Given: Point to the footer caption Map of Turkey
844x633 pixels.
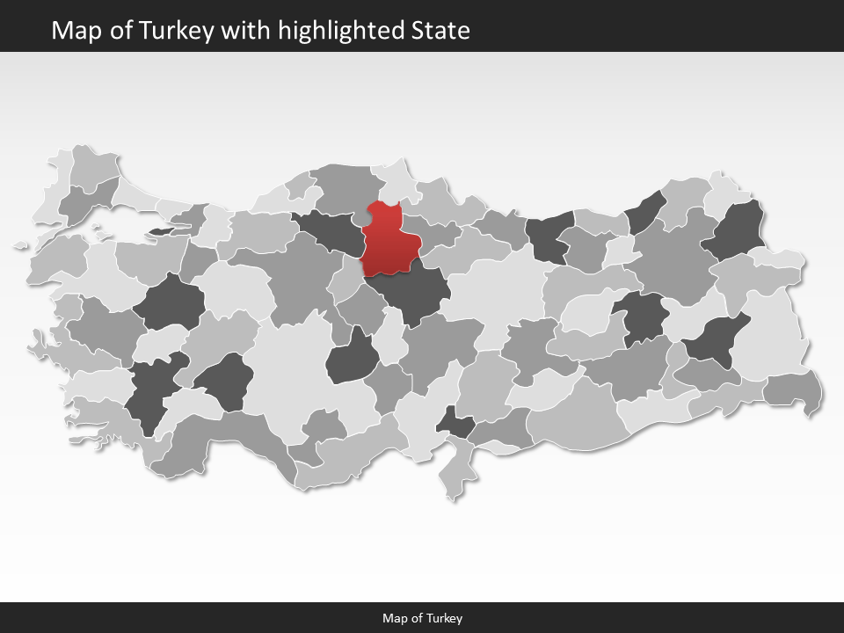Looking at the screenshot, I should pyautogui.click(x=422, y=618).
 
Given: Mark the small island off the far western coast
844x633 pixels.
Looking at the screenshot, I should pyautogui.click(x=21, y=246).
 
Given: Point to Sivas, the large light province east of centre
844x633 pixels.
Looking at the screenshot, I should pyautogui.click(x=497, y=290).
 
